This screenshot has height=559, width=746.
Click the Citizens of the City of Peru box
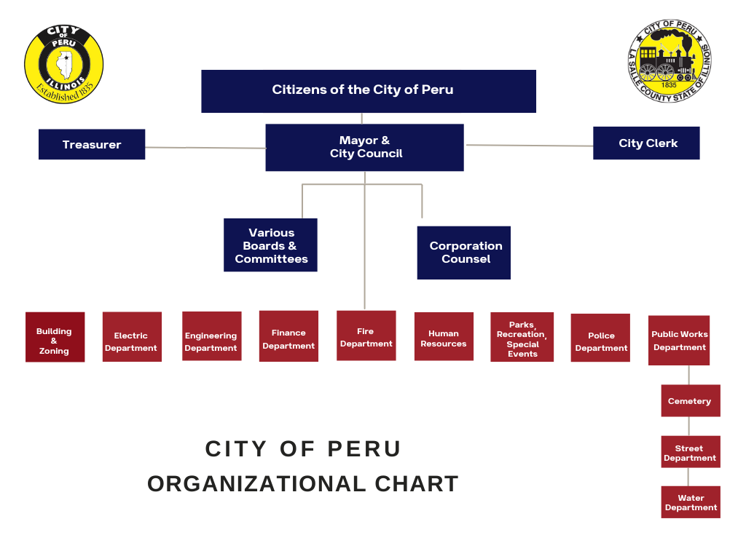pyautogui.click(x=369, y=91)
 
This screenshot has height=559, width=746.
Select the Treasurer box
pyautogui.click(x=92, y=144)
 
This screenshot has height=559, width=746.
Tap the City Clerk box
pyautogui.click(x=646, y=143)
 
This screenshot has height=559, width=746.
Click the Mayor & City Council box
pyautogui.click(x=364, y=147)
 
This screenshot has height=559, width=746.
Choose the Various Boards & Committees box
pyautogui.click(x=270, y=245)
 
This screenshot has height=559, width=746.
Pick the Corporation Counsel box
pyautogui.click(x=463, y=253)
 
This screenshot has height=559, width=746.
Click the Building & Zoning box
pyautogui.click(x=55, y=337)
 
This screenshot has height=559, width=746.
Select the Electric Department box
pyautogui.click(x=132, y=337)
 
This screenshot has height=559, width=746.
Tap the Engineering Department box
pyautogui.click(x=211, y=336)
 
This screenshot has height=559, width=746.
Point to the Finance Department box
pyautogui.click(x=288, y=336)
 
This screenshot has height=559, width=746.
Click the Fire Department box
pyautogui.click(x=366, y=336)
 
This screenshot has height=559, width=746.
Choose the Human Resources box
pyautogui.click(x=444, y=336)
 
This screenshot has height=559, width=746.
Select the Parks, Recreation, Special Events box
pyautogui.click(x=522, y=337)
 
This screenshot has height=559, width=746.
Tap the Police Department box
pyautogui.click(x=600, y=337)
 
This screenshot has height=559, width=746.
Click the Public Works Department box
pyautogui.click(x=679, y=340)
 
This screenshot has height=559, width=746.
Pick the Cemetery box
pyautogui.click(x=690, y=401)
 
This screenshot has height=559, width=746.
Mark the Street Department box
pyautogui.click(x=690, y=453)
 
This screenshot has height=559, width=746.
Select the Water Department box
pyautogui.click(x=691, y=502)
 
